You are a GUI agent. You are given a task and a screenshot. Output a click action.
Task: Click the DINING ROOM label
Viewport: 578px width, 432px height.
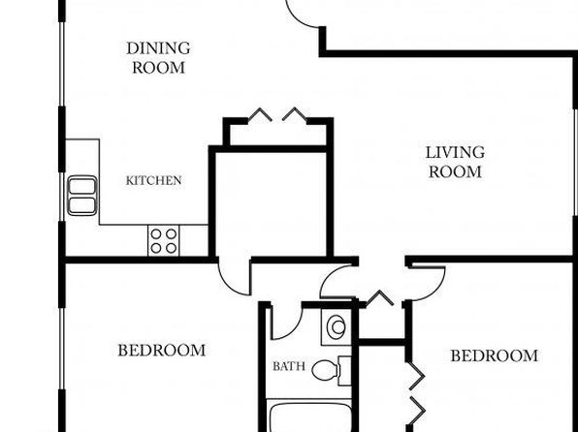(x=158, y=58)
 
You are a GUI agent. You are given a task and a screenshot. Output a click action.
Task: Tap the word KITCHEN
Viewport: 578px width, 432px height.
(x=154, y=180)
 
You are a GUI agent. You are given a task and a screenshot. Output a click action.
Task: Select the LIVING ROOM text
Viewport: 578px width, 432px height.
(x=455, y=162)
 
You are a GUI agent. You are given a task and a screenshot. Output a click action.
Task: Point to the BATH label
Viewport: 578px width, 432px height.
(x=289, y=366)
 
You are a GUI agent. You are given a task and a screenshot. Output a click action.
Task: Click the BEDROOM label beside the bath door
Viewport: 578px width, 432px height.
(x=162, y=351)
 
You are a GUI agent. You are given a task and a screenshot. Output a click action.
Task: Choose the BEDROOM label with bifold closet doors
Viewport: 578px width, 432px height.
(x=495, y=355)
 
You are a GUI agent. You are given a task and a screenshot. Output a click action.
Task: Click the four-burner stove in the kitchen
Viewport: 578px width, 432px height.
(x=163, y=240)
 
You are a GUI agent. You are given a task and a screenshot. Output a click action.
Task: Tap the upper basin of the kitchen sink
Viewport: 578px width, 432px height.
(x=82, y=186)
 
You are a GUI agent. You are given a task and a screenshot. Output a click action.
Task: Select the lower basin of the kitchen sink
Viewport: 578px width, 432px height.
(x=82, y=205)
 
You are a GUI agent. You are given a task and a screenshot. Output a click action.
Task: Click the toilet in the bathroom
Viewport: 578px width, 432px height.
(x=331, y=371)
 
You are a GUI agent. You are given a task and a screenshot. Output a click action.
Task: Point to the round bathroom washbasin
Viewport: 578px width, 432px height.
(x=337, y=327)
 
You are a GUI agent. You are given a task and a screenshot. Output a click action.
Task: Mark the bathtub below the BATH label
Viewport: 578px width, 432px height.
(x=309, y=417)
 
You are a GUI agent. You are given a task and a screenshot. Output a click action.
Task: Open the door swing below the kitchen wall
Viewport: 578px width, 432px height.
(x=228, y=283)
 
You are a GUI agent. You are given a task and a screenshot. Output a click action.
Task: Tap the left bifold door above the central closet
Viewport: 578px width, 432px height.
(x=260, y=114)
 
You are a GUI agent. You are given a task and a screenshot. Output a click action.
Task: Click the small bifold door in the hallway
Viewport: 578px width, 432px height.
(x=380, y=297)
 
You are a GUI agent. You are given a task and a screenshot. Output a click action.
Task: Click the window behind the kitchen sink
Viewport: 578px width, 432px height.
(x=62, y=197)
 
